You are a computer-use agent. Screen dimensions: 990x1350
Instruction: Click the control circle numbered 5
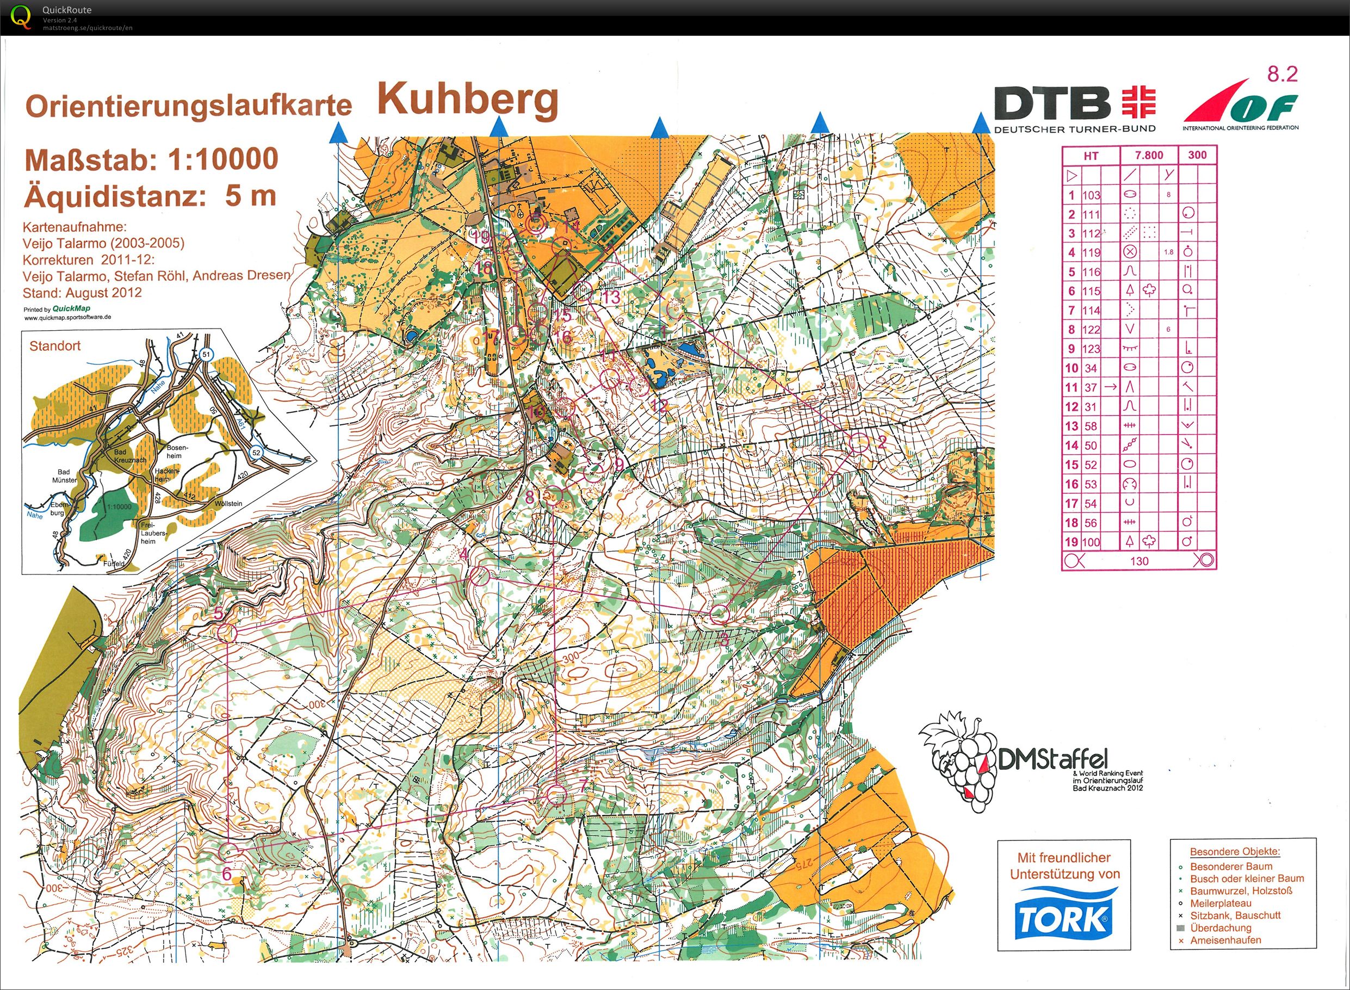tap(228, 632)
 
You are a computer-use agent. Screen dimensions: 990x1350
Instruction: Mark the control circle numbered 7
tap(556, 795)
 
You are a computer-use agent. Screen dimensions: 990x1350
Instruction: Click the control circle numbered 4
tap(479, 577)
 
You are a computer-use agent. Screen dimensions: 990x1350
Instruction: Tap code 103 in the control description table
tap(1091, 195)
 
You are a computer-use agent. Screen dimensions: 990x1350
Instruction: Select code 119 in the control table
tap(1091, 252)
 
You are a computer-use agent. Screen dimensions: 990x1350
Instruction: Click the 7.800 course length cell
tap(1148, 155)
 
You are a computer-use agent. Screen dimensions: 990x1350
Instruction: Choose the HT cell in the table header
tap(1091, 156)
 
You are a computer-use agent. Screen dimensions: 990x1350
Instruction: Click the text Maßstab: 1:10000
tap(152, 160)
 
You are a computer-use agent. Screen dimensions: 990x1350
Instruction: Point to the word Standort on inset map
tap(54, 346)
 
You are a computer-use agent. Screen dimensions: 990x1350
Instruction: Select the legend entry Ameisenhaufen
tap(1225, 940)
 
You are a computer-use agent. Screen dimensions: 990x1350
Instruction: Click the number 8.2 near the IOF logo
tap(1283, 74)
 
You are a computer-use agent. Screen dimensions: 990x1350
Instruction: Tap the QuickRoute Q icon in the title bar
tap(21, 17)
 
